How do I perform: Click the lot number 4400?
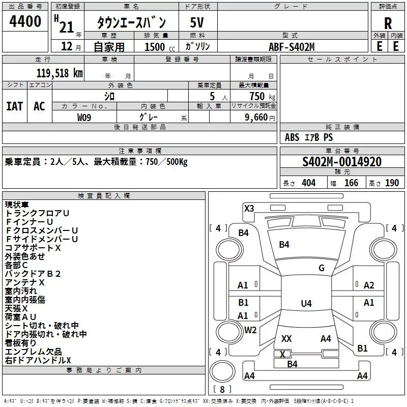tap(25, 22)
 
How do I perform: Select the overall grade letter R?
tap(388, 23)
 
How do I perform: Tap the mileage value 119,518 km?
tap(59, 73)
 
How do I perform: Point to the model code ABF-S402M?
tap(292, 47)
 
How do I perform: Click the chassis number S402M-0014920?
tap(341, 162)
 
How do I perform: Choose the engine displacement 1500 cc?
tap(156, 47)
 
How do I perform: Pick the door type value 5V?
tap(197, 23)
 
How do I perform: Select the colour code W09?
tap(84, 117)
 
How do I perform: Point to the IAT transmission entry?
tap(14, 106)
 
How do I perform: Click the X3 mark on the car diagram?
tap(249, 208)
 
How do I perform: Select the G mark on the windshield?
tap(322, 268)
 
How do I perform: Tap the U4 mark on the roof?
tap(306, 304)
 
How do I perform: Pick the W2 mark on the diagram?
tap(250, 330)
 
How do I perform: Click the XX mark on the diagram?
tap(286, 338)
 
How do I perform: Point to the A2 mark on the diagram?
tap(369, 285)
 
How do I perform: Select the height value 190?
tap(392, 183)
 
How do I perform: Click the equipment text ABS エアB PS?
tap(309, 137)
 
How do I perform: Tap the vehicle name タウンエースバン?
tap(132, 23)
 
